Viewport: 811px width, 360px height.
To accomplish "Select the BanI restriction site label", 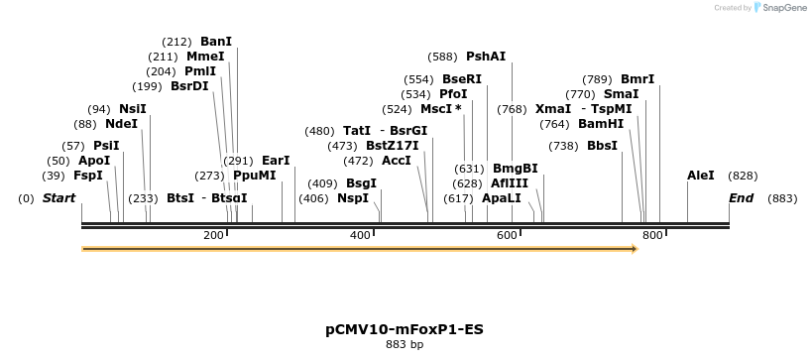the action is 215,42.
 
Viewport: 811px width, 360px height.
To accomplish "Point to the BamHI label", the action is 601,124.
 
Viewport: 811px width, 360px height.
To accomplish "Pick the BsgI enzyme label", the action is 361,182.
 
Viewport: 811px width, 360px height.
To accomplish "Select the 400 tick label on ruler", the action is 361,235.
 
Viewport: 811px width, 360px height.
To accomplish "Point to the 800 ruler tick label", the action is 651,235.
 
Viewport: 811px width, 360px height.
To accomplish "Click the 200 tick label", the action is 214,235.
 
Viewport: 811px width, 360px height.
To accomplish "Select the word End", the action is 742,198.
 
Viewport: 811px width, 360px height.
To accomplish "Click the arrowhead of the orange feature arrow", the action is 632,248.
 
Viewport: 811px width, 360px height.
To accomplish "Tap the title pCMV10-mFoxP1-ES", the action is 405,328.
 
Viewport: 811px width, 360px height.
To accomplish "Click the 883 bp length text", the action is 405,345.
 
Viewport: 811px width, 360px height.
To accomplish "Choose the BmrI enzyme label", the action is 637,79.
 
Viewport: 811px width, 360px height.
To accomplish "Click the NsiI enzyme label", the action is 132,109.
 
